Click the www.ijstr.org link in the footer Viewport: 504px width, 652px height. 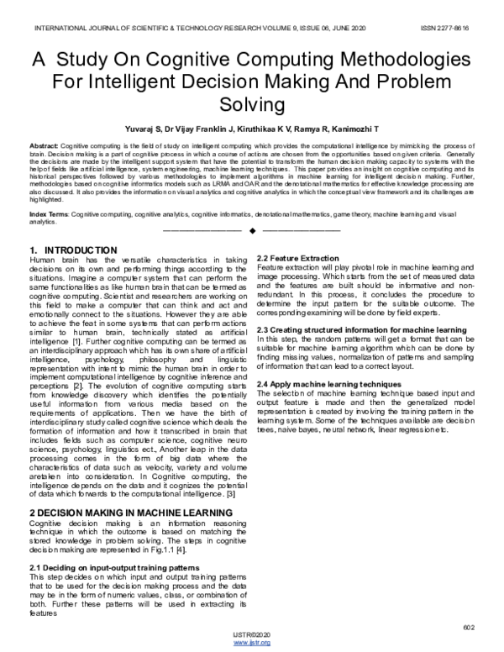[x=253, y=643]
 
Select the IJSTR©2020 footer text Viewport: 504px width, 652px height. [x=253, y=635]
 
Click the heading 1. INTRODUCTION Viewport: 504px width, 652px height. [x=72, y=251]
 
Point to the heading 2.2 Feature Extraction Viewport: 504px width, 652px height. [x=297, y=256]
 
